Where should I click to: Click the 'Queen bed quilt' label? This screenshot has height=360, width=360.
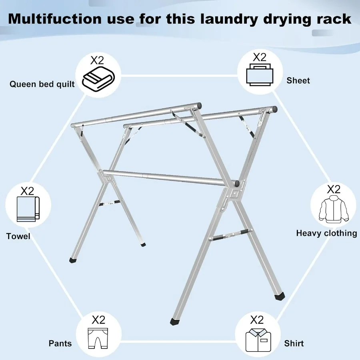(x=42, y=84)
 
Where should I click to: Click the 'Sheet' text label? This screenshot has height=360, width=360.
(x=298, y=81)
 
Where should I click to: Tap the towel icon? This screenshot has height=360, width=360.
(x=28, y=209)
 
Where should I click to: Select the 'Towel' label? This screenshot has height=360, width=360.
(x=18, y=236)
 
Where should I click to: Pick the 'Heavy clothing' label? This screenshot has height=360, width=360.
(x=326, y=233)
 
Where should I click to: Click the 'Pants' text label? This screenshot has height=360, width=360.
(x=60, y=344)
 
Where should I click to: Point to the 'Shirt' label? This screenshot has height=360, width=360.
(x=294, y=344)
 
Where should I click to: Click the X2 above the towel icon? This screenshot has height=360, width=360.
(x=27, y=191)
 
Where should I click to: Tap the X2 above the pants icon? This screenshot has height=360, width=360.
(x=98, y=320)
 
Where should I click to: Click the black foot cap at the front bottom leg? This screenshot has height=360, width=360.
(x=174, y=321)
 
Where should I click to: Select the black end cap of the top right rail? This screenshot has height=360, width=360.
(x=274, y=108)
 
